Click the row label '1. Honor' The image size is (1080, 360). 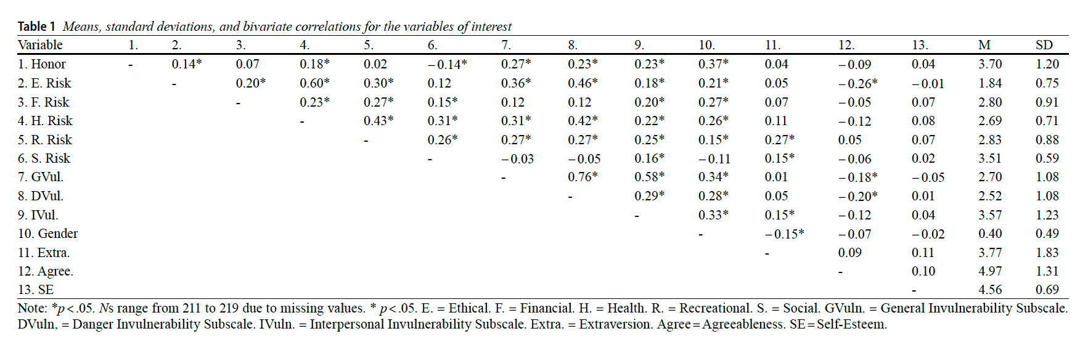(x=41, y=64)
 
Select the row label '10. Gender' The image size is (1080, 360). (x=47, y=234)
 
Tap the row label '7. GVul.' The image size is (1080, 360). (x=40, y=177)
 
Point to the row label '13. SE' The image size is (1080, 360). (x=35, y=290)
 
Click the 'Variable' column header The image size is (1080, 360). (x=40, y=45)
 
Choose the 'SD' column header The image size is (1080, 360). (x=1044, y=45)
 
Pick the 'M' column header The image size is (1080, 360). (x=984, y=45)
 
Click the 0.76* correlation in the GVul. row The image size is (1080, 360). (x=583, y=177)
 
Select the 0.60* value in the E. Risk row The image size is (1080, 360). (x=314, y=83)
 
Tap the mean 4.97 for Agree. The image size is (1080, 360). (x=990, y=271)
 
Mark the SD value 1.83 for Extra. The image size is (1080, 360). (x=1047, y=253)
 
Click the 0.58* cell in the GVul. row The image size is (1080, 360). (x=649, y=177)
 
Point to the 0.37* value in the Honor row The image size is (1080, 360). (x=713, y=64)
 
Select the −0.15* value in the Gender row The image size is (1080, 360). (x=784, y=234)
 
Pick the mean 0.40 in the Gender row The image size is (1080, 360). (x=990, y=234)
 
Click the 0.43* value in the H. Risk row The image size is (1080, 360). (x=378, y=121)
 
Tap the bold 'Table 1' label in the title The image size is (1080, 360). (x=36, y=27)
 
